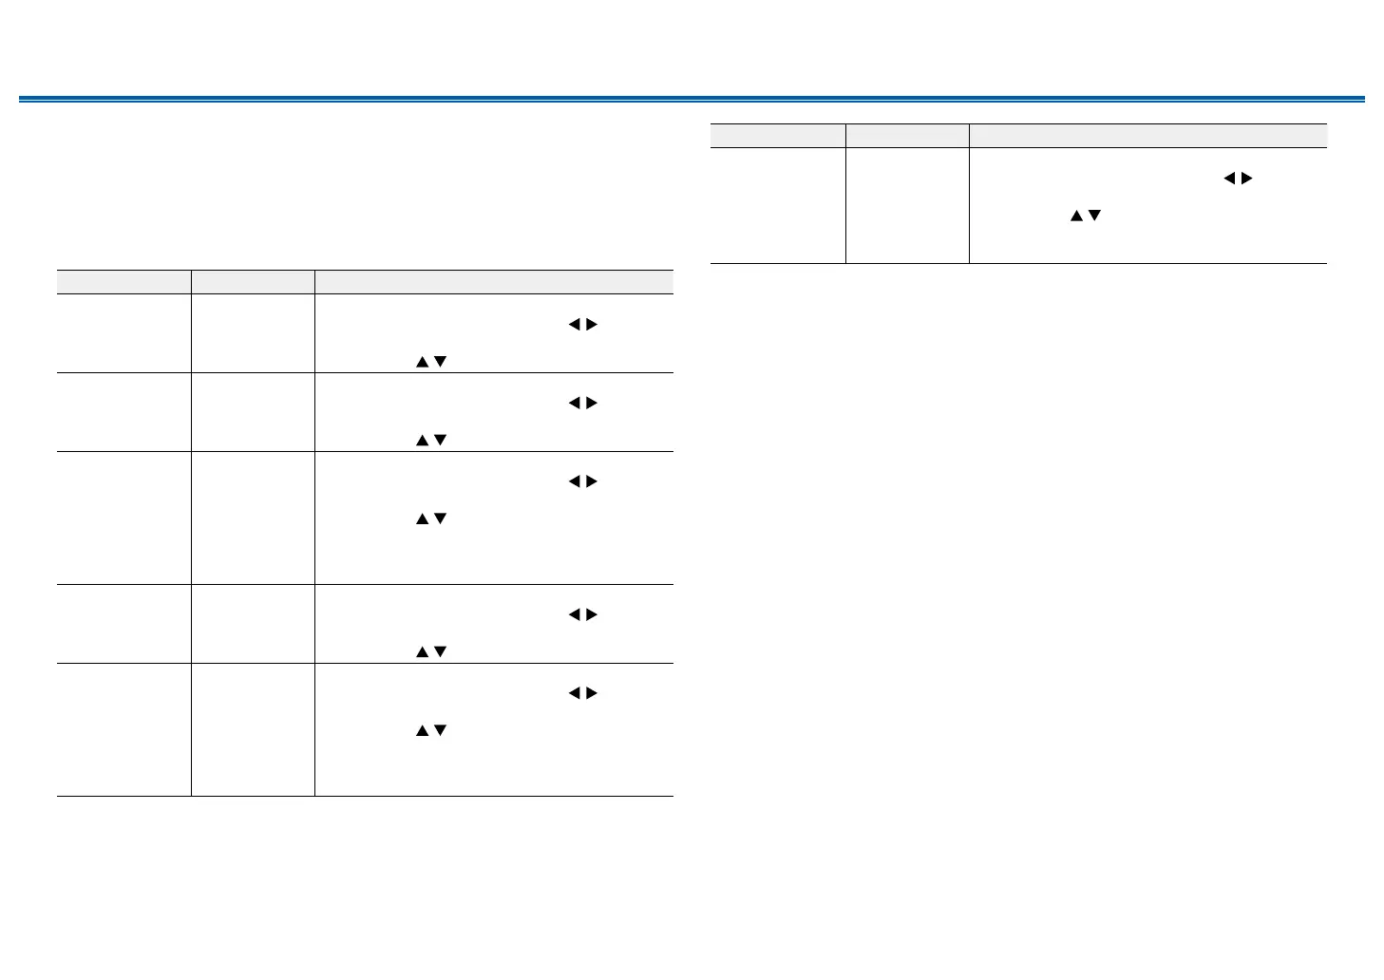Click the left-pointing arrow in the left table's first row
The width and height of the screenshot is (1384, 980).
(574, 325)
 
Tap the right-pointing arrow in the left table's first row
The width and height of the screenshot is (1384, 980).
(592, 325)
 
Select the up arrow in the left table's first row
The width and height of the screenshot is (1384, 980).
(422, 362)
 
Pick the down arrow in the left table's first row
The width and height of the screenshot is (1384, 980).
(440, 362)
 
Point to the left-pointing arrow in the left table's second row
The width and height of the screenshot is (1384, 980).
(574, 404)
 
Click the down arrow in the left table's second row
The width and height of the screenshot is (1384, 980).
(440, 441)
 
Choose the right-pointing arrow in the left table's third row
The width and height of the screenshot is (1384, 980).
(592, 482)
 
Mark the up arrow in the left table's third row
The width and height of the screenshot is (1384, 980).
(422, 519)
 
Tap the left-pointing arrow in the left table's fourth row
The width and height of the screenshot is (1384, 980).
(574, 615)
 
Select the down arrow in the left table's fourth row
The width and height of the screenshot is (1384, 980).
(440, 652)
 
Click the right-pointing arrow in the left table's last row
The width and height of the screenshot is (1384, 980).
(592, 694)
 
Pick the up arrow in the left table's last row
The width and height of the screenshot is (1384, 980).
(422, 731)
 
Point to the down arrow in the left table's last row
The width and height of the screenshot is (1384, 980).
(440, 731)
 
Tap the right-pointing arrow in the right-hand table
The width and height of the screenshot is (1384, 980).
(1247, 179)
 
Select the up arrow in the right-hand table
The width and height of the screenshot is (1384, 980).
(1076, 217)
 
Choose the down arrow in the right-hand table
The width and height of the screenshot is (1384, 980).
(1094, 217)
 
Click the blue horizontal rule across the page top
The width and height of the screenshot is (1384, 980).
(692, 99)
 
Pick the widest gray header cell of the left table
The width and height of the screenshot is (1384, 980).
(494, 282)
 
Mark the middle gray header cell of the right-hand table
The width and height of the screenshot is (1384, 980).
(907, 136)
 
